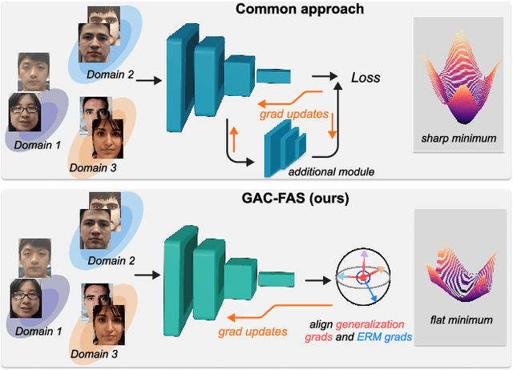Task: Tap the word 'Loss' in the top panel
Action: (x=366, y=78)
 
